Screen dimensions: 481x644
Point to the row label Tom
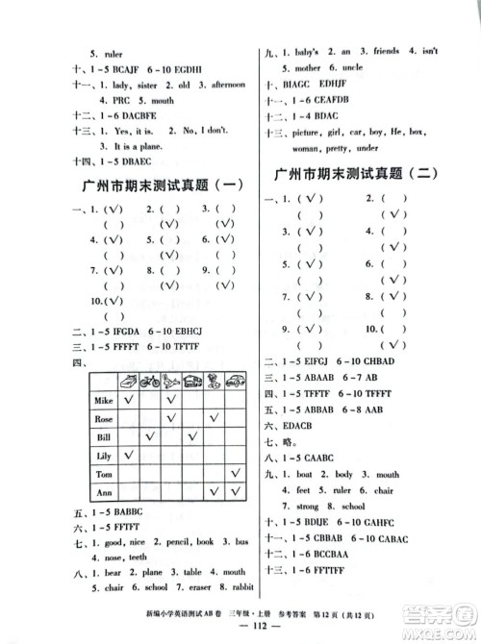[x=105, y=475]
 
